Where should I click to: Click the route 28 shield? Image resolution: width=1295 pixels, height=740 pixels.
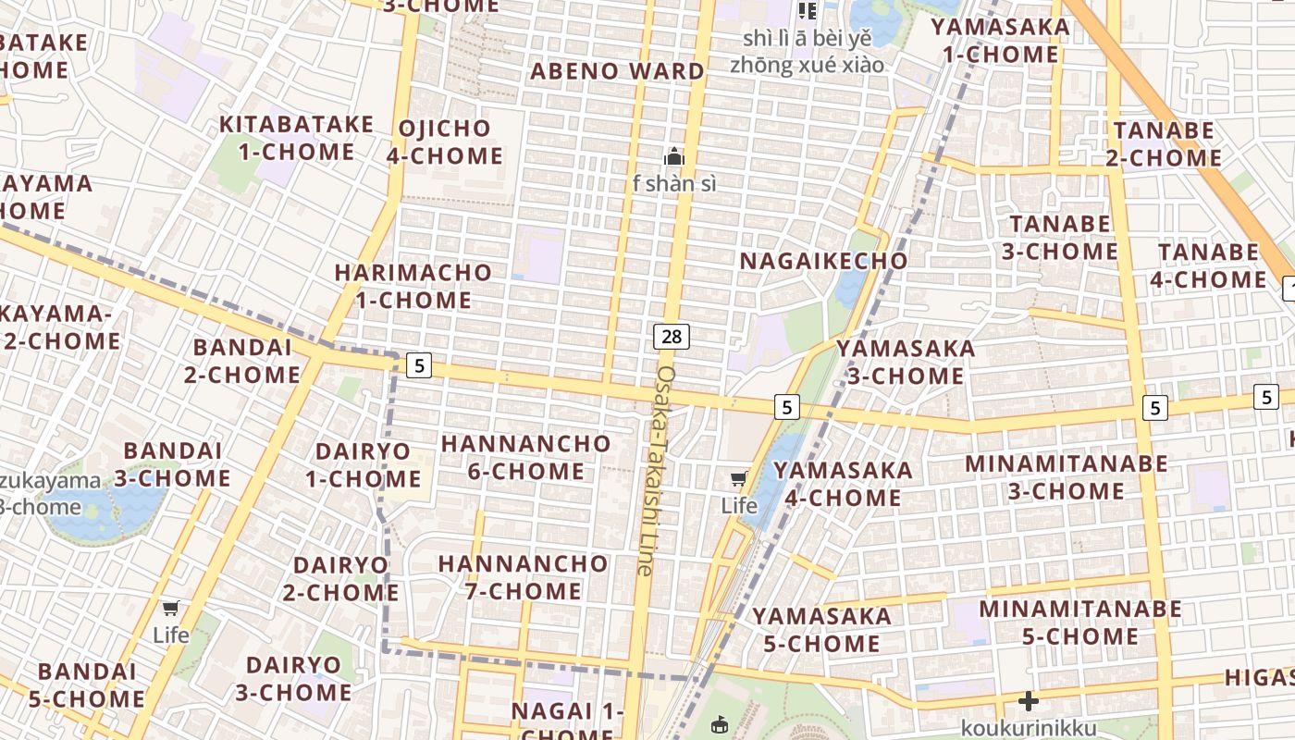[672, 337]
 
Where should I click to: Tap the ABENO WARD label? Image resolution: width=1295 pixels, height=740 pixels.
[617, 71]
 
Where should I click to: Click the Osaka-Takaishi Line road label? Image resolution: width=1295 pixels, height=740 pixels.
[659, 470]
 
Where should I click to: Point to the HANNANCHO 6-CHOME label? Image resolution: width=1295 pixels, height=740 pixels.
[525, 457]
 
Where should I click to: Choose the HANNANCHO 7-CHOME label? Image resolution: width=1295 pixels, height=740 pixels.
[523, 577]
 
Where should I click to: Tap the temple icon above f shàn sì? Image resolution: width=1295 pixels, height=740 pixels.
[674, 156]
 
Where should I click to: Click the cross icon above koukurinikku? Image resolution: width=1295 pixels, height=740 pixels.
[1028, 702]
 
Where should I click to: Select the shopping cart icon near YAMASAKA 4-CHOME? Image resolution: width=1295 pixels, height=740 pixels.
[738, 479]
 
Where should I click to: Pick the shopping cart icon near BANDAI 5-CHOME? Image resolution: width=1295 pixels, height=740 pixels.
[170, 608]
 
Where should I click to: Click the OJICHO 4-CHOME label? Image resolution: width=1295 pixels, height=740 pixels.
[444, 142]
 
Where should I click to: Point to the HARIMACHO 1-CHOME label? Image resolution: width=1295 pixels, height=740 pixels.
[413, 286]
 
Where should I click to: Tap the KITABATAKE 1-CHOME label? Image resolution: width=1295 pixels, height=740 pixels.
[296, 138]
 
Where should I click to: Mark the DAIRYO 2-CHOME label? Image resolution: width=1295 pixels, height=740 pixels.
[340, 578]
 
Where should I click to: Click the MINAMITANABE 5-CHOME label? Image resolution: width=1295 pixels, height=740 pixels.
[1080, 623]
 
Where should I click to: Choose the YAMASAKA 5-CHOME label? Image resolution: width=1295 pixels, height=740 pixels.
[821, 630]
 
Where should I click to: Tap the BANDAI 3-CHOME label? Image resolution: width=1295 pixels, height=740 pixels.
[172, 464]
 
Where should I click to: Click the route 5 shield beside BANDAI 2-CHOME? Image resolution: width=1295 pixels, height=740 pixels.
[419, 365]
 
